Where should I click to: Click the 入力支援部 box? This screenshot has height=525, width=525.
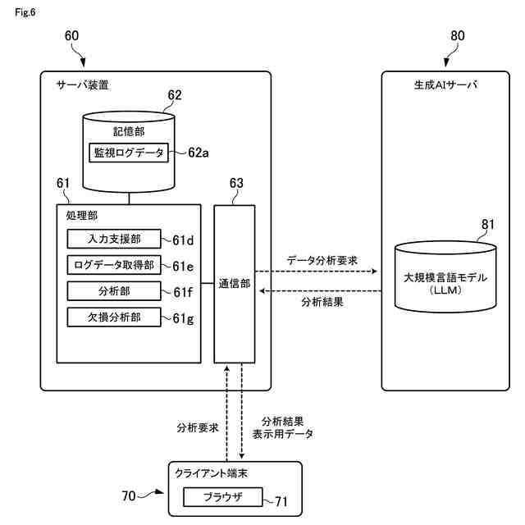[114, 239]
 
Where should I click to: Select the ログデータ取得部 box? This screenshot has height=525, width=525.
[114, 265]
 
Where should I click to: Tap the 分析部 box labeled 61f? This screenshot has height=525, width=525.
[114, 291]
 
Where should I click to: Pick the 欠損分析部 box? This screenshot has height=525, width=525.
[114, 317]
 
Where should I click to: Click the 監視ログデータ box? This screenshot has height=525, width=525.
[129, 153]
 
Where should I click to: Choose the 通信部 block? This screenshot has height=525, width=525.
[235, 284]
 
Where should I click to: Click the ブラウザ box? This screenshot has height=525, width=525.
[223, 497]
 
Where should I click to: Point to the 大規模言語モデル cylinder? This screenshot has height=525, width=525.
[445, 277]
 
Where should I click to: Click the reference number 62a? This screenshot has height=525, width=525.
[199, 153]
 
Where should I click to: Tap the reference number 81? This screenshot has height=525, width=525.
[488, 224]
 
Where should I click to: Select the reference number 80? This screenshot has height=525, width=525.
[458, 36]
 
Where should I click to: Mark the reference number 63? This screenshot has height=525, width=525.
[236, 183]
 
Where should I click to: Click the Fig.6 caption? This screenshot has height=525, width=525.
[25, 12]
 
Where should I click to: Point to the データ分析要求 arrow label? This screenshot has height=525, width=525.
[322, 261]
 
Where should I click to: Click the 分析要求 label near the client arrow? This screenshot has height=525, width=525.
[198, 427]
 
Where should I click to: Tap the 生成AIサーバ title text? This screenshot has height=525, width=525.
[445, 85]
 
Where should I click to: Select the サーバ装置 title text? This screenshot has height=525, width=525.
[82, 85]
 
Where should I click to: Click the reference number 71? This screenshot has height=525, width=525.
[281, 501]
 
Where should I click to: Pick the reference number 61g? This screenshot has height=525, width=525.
[183, 319]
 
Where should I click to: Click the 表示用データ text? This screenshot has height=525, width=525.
[283, 434]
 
